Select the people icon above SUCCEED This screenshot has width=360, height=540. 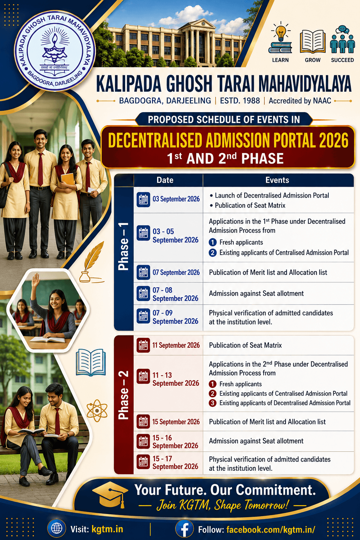coord(342,39)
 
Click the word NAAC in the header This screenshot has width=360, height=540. coord(322,101)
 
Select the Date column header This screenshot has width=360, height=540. coord(165,180)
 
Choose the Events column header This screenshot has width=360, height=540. coord(277,180)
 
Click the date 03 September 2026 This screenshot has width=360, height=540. coord(176,199)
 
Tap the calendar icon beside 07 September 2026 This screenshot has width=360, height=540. coord(143,272)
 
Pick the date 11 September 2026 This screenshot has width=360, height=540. coord(176,345)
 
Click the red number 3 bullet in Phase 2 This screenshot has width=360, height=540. coord(212,403)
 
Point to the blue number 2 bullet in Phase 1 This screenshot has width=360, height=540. coord(212,253)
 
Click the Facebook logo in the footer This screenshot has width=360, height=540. coord(185,529)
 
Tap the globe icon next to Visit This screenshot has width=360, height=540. coord(57,529)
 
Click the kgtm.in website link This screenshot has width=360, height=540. coord(107,529)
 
